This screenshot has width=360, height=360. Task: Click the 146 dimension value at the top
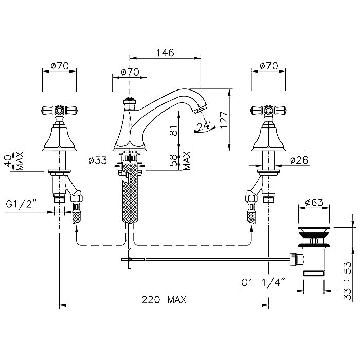tap(165, 52)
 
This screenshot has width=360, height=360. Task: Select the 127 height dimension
tap(224, 120)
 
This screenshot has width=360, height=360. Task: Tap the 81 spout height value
tap(175, 130)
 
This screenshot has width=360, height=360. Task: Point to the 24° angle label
tap(204, 126)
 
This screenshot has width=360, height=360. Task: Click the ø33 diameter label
tap(98, 160)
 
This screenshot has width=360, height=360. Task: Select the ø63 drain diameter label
tap(314, 202)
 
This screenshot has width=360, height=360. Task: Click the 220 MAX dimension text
tap(164, 300)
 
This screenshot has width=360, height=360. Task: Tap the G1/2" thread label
tap(21, 204)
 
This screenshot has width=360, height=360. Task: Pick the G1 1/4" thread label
tap(263, 282)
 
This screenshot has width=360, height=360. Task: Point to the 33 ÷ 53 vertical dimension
tap(348, 281)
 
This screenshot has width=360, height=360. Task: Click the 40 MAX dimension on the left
tap(14, 160)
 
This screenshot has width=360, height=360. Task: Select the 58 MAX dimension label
tap(181, 160)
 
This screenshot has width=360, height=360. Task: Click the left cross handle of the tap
tap(59, 111)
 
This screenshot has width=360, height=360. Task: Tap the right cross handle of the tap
tap(268, 111)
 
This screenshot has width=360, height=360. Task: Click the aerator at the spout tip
tap(200, 110)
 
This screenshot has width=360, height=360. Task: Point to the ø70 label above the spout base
tap(130, 72)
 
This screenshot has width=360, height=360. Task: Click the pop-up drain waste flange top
tap(314, 229)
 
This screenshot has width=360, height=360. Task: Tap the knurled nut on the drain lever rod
tap(293, 259)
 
